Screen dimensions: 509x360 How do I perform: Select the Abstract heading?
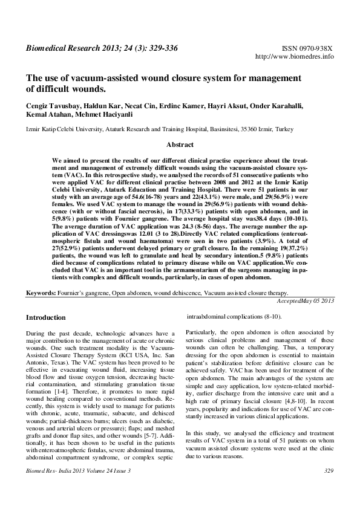point(180,144)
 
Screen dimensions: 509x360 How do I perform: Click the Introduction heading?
point(45,317)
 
